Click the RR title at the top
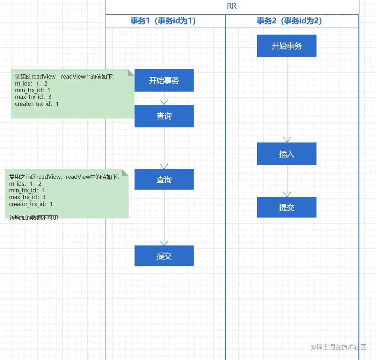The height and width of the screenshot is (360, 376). [232, 7]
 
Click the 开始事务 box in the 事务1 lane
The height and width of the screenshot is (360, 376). [164, 80]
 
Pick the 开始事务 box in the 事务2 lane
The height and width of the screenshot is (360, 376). [287, 46]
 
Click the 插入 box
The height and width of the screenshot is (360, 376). [287, 154]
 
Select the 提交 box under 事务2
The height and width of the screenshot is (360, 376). [287, 207]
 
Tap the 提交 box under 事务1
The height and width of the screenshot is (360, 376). [164, 256]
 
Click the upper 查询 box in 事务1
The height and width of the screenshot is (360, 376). [164, 116]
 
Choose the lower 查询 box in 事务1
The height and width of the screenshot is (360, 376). [164, 179]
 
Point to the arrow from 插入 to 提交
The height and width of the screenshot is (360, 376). [287, 181]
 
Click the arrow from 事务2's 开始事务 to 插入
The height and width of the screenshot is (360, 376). [287, 100]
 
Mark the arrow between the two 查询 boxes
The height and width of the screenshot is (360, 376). [164, 148]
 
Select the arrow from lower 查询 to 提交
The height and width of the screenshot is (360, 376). [164, 217]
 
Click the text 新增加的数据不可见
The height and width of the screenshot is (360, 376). [34, 218]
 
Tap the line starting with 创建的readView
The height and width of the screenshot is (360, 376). [65, 77]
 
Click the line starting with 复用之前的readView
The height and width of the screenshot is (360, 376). [64, 177]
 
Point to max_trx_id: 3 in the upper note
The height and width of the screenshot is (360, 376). [34, 97]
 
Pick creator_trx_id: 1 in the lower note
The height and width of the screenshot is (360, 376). [31, 204]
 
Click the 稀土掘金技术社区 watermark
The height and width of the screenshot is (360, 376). [338, 347]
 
